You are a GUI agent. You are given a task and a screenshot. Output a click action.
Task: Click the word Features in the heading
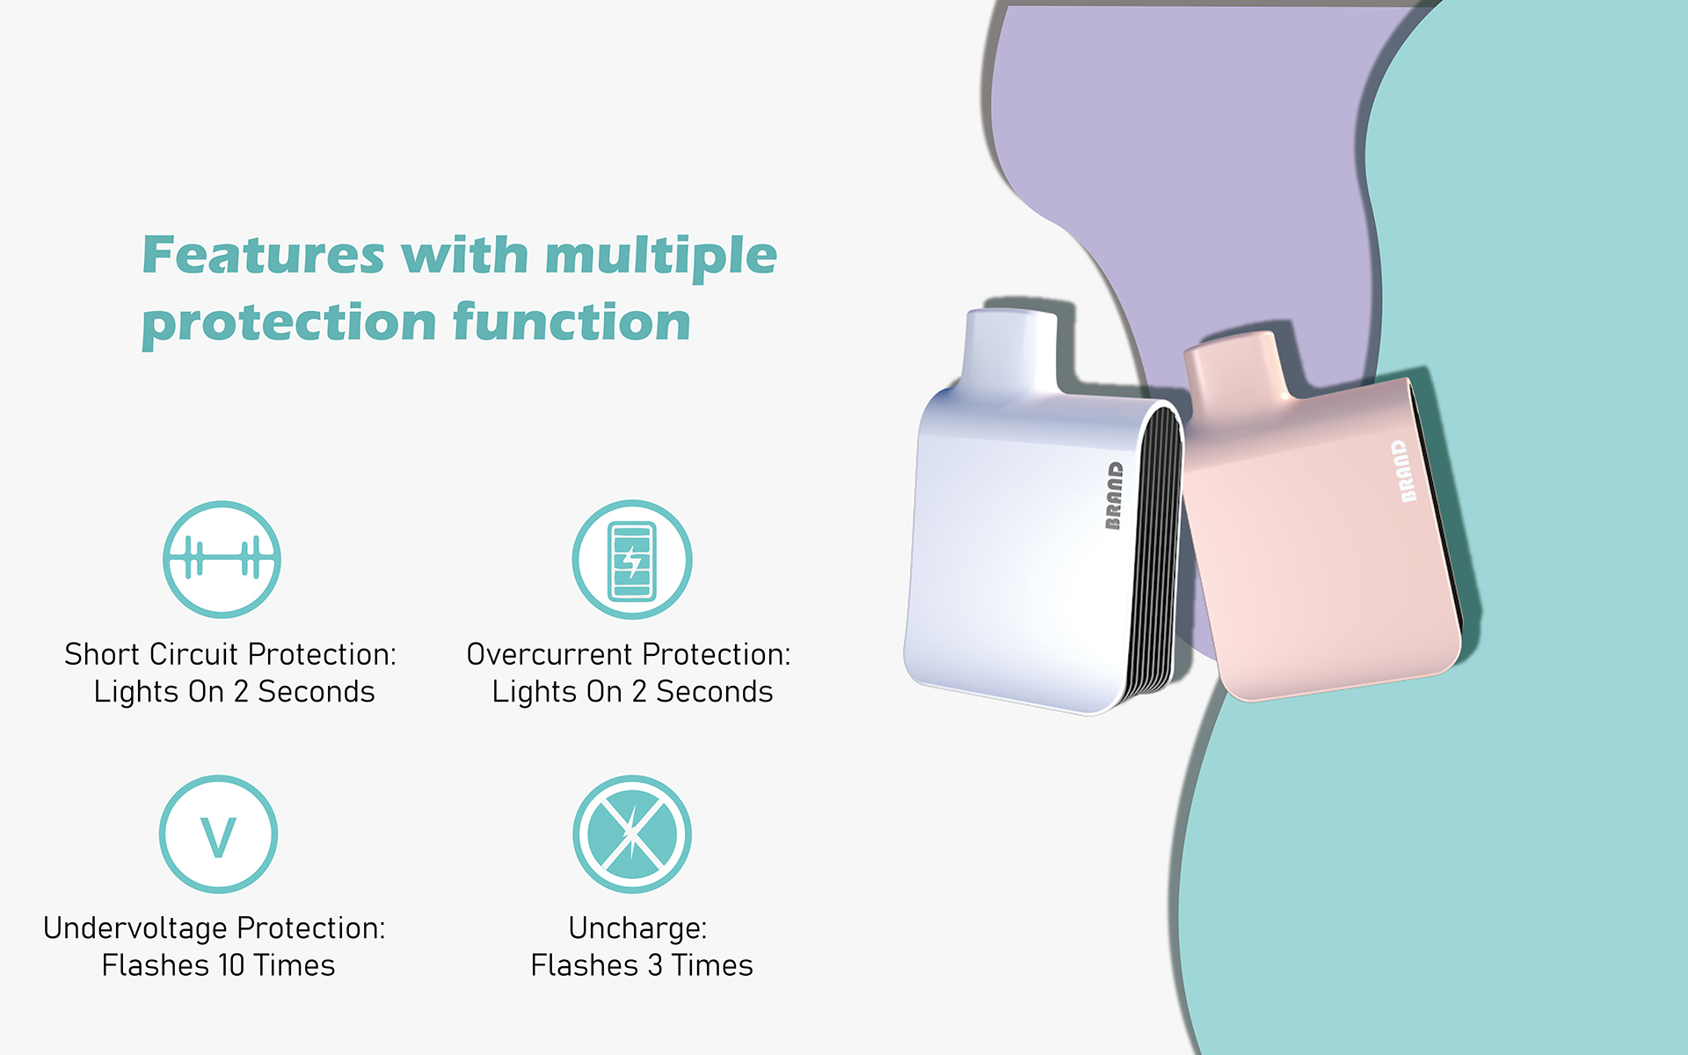click(263, 255)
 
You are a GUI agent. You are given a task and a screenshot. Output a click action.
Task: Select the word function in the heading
click(571, 321)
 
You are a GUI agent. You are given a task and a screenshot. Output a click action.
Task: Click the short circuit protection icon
click(222, 559)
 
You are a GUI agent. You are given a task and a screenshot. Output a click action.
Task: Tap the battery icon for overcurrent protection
click(632, 559)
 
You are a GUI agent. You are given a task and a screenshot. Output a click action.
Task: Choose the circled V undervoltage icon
click(218, 834)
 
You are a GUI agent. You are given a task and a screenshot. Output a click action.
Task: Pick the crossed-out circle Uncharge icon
click(632, 834)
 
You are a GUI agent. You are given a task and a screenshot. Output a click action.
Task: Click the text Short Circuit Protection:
click(230, 654)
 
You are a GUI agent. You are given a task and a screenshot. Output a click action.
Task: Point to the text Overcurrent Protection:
click(629, 654)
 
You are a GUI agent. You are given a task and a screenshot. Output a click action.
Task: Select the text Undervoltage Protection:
click(215, 928)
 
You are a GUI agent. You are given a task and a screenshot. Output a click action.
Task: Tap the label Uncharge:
click(637, 928)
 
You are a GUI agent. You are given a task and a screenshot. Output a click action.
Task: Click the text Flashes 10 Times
click(218, 965)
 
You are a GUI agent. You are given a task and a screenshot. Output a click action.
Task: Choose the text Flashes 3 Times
click(642, 965)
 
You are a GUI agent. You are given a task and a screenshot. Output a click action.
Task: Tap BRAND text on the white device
click(1114, 496)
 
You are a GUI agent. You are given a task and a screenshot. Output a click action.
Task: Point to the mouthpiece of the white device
click(1012, 352)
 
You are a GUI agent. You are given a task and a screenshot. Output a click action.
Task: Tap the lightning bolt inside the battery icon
click(631, 559)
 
